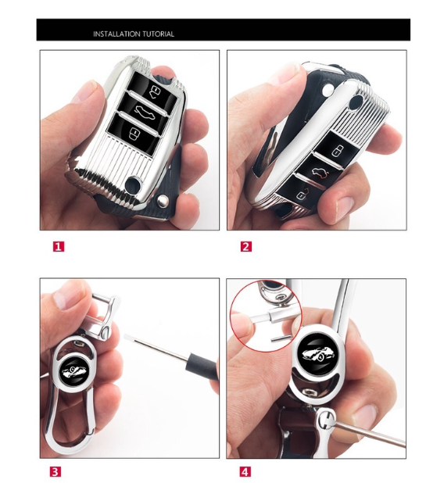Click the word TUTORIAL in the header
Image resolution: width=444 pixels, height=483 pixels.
pyautogui.click(x=158, y=34)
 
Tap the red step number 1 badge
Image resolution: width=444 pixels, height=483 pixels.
pyautogui.click(x=59, y=246)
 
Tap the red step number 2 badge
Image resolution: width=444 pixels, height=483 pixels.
pyautogui.click(x=246, y=246)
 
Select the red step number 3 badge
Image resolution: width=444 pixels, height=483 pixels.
pyautogui.click(x=55, y=471)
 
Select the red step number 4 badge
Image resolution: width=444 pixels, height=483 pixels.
pyautogui.click(x=245, y=471)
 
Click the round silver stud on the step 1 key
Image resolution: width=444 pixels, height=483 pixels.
pyautogui.click(x=162, y=201)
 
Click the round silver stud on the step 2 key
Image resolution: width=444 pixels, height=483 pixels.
pyautogui.click(x=328, y=89)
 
